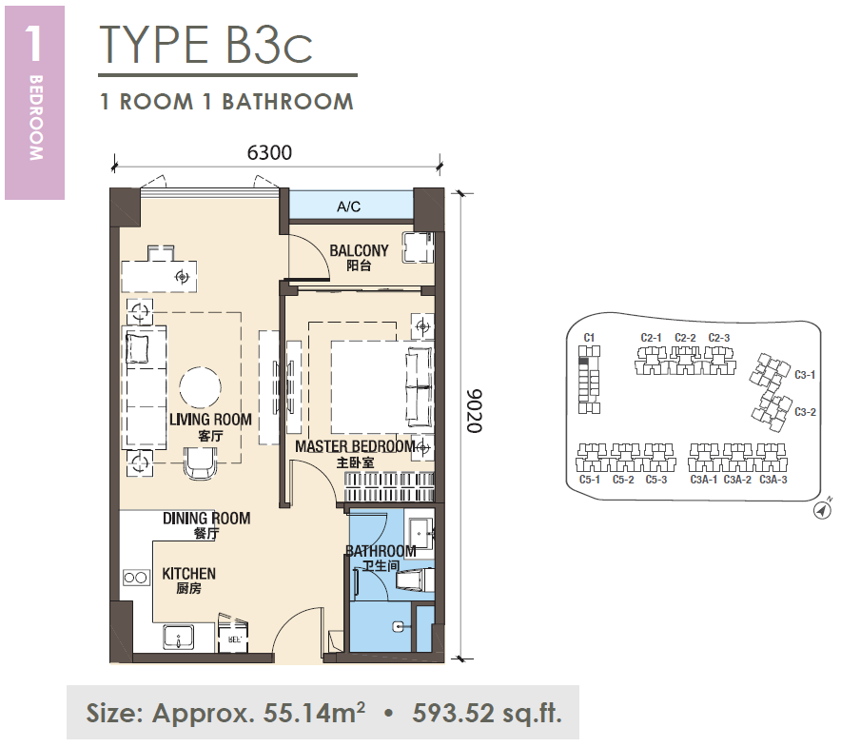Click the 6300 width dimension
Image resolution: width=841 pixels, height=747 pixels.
[269, 152]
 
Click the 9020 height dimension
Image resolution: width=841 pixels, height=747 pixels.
[474, 411]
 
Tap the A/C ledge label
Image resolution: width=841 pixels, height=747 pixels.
[348, 206]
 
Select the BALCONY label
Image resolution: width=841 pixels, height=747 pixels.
[359, 250]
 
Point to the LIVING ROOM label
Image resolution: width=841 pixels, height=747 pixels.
[210, 420]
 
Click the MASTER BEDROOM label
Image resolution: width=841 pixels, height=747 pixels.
[355, 446]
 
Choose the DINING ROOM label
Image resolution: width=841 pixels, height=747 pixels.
[206, 519]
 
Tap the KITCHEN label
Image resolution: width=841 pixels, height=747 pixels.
[188, 574]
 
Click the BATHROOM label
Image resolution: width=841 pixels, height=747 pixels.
[381, 551]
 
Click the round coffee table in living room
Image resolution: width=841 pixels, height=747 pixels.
[200, 387]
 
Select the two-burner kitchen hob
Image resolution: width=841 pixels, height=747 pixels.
[136, 578]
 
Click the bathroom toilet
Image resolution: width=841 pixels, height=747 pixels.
[415, 580]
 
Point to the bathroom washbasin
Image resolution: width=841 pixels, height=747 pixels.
[419, 534]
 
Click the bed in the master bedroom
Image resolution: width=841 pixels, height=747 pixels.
[381, 387]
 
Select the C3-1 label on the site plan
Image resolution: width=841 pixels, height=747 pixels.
[805, 375]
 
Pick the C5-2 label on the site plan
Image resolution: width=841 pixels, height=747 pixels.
[623, 480]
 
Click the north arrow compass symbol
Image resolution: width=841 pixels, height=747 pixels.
[822, 510]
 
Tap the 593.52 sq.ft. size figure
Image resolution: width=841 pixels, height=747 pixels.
[486, 713]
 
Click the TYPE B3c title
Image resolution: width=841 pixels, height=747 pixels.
[205, 45]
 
